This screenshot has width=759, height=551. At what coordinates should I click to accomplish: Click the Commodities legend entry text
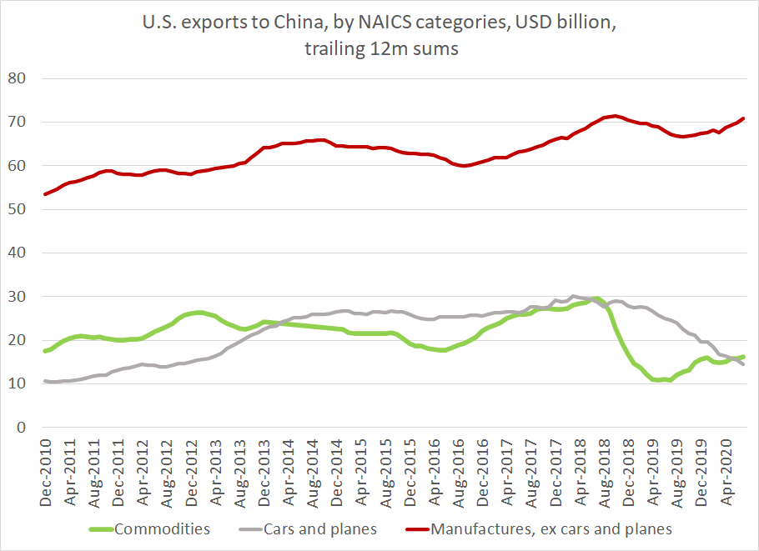(x=163, y=528)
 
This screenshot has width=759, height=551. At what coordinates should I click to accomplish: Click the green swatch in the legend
(x=100, y=528)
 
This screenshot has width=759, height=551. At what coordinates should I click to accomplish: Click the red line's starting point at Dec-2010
(x=44, y=194)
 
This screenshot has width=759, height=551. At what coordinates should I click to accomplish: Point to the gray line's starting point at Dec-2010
(x=44, y=381)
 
